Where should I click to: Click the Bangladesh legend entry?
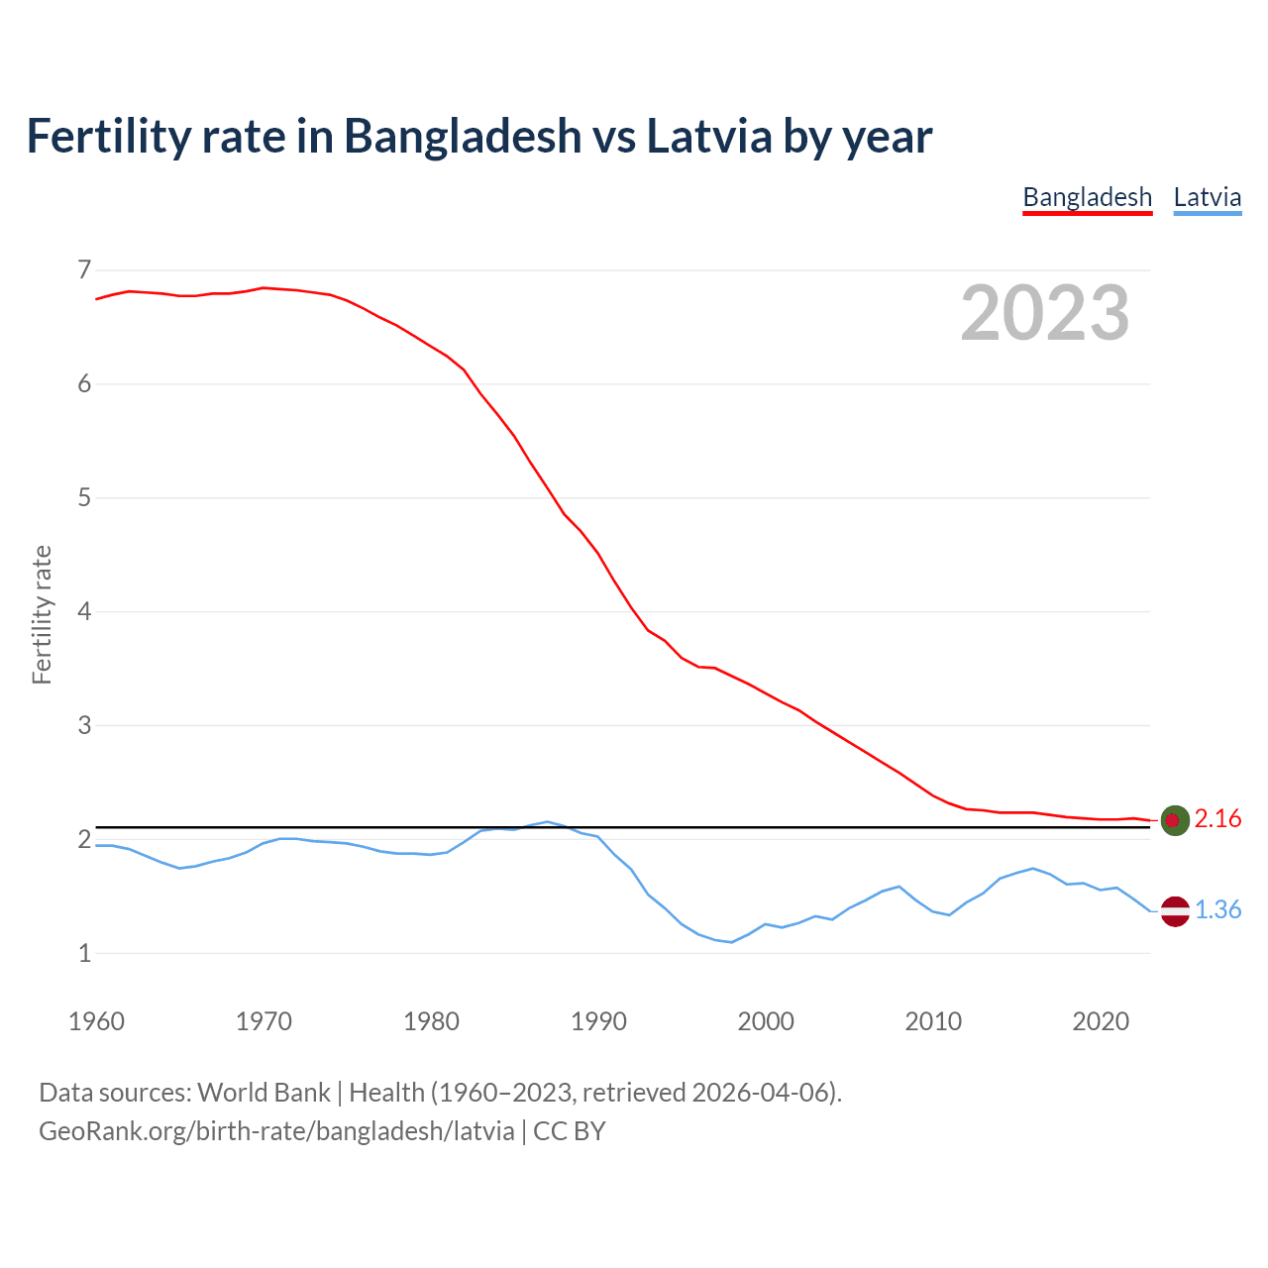[x=1087, y=197]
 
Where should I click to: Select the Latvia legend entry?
[x=1207, y=197]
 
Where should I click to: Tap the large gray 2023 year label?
[x=1044, y=313]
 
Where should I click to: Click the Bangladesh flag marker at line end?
[x=1175, y=820]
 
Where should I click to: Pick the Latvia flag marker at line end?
[x=1175, y=910]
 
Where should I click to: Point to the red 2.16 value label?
[x=1217, y=819]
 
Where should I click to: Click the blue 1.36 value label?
[x=1217, y=910]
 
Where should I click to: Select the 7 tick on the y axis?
[x=84, y=269]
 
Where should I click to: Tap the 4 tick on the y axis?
[x=84, y=611]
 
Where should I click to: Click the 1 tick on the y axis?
[x=84, y=953]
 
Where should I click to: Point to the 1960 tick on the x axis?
[x=96, y=1021]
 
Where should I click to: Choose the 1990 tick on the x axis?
[x=598, y=1021]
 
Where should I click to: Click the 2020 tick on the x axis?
[x=1101, y=1021]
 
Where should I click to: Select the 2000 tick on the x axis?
[x=766, y=1021]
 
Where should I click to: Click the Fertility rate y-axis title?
[x=42, y=614]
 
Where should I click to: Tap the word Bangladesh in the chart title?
[x=463, y=136]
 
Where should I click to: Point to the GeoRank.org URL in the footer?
[x=276, y=1131]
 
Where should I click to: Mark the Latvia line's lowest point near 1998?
[x=732, y=942]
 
